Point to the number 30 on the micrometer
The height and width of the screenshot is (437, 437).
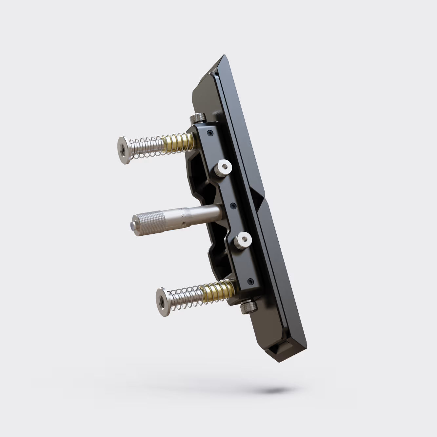pyautogui.click(x=184, y=215)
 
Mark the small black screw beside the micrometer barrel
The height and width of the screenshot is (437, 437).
pyautogui.click(x=233, y=206)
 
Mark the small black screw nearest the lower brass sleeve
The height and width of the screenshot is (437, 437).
pyautogui.click(x=251, y=281)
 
